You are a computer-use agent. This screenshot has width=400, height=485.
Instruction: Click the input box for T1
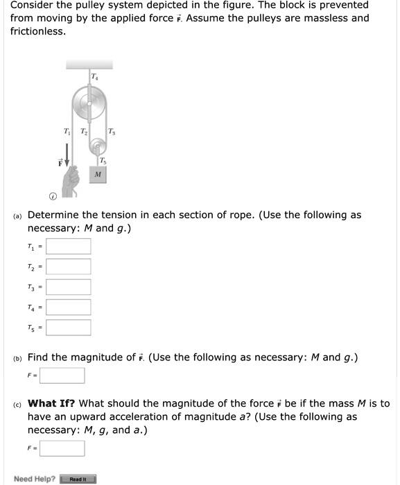pyautogui.click(x=69, y=247)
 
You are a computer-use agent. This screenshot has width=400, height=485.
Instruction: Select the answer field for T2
pyautogui.click(x=69, y=267)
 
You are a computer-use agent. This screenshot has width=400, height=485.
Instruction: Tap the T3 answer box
pyautogui.click(x=69, y=287)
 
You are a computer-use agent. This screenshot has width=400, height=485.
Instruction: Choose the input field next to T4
pyautogui.click(x=69, y=307)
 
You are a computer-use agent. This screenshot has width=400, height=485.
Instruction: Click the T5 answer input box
pyautogui.click(x=69, y=327)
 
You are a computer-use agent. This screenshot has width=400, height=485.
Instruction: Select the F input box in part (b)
pyautogui.click(x=62, y=376)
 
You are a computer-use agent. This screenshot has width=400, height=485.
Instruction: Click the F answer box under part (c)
pyautogui.click(x=62, y=448)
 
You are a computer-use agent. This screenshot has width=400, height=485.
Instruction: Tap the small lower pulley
pyautogui.click(x=100, y=146)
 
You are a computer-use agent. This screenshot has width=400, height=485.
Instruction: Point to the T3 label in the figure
pyautogui.click(x=114, y=132)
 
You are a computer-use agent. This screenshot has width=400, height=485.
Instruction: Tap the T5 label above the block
pyautogui.click(x=103, y=161)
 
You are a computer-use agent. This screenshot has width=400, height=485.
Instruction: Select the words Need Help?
pyautogui.click(x=35, y=479)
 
